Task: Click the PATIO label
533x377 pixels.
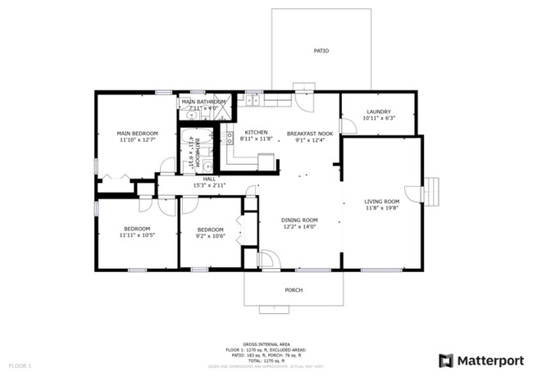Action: pos(321,51)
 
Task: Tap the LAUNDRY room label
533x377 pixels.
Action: pos(378,111)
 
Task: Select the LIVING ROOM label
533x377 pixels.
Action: pos(381,201)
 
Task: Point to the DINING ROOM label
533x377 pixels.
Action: pos(298,220)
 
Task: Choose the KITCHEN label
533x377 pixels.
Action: pos(256,132)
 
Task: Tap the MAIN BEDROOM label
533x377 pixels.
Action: pos(136,133)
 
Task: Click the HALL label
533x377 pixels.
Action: pos(209,179)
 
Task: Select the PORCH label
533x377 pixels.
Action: pos(293,289)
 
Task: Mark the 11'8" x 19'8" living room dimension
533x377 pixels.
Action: pos(381,208)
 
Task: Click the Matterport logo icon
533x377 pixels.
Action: pos(446,360)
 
